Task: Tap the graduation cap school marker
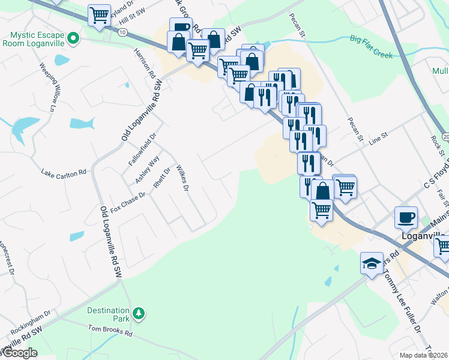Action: coord(371,263)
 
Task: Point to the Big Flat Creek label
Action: coord(371,47)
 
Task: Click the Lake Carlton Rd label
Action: coord(64,172)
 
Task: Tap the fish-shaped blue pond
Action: coord(82,124)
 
